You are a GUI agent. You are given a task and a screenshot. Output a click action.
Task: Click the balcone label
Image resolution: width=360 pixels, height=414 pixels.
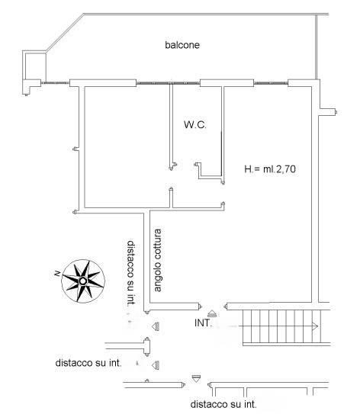click(182, 45)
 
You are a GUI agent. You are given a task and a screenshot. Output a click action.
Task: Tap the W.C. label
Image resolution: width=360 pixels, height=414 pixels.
click(195, 124)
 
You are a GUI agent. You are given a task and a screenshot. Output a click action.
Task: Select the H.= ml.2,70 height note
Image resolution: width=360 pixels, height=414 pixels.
click(270, 169)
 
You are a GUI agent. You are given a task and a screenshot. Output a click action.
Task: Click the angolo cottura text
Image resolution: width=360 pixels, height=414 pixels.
click(157, 260)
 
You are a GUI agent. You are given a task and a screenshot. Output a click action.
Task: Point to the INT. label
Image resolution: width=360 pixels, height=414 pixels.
click(204, 323)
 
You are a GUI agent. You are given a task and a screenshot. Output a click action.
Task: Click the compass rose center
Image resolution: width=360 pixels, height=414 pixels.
click(83, 281)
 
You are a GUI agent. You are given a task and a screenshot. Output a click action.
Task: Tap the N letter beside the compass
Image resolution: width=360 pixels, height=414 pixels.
click(56, 274)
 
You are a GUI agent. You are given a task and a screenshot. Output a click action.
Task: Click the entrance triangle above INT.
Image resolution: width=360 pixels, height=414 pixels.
click(212, 313)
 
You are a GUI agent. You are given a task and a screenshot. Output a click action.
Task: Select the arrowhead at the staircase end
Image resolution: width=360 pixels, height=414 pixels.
click(315, 326)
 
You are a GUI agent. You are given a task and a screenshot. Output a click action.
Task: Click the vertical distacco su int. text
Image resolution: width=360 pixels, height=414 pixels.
click(131, 273)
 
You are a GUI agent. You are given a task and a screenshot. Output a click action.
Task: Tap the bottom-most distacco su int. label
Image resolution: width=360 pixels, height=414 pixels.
click(223, 404)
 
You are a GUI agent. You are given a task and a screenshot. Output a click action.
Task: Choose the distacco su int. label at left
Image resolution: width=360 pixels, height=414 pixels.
click(88, 363)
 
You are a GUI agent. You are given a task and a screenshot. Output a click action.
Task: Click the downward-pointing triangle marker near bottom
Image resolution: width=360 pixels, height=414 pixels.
click(196, 378)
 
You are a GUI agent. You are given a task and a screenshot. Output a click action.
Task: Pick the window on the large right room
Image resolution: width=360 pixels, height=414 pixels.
click(271, 83)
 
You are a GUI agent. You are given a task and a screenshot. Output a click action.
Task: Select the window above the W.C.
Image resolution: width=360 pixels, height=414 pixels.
click(168, 83)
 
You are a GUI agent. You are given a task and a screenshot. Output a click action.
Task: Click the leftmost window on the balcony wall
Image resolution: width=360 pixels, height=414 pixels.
click(55, 83)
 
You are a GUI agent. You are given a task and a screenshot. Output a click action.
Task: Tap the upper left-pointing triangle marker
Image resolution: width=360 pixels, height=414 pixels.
click(156, 326)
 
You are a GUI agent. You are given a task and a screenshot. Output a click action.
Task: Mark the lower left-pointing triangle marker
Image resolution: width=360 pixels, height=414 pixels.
click(156, 365)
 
